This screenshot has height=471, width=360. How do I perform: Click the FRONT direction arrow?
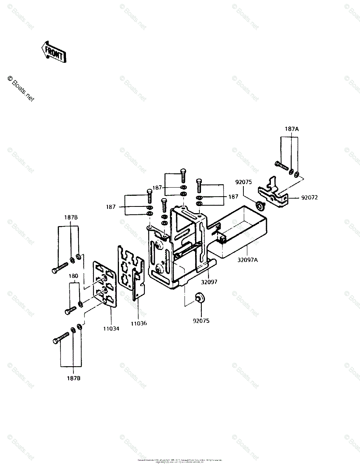pyautogui.click(x=54, y=51)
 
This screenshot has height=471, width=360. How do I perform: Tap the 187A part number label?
pyautogui.click(x=292, y=129)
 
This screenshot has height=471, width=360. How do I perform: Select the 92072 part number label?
pyautogui.click(x=309, y=197)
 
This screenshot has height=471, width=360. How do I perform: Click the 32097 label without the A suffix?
pyautogui.click(x=210, y=282)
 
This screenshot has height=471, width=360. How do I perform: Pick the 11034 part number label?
pyautogui.click(x=111, y=329)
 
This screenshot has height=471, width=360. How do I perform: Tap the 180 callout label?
pyautogui.click(x=73, y=276)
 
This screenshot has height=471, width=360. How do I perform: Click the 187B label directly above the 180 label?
pyautogui.click(x=71, y=217)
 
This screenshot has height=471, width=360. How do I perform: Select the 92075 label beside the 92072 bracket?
pyautogui.click(x=243, y=182)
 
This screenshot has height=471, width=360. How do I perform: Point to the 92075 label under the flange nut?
pyautogui.click(x=201, y=321)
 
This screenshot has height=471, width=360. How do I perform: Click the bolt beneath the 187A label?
pyautogui.click(x=281, y=167)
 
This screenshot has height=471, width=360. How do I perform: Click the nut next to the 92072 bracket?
pyautogui.click(x=259, y=205)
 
